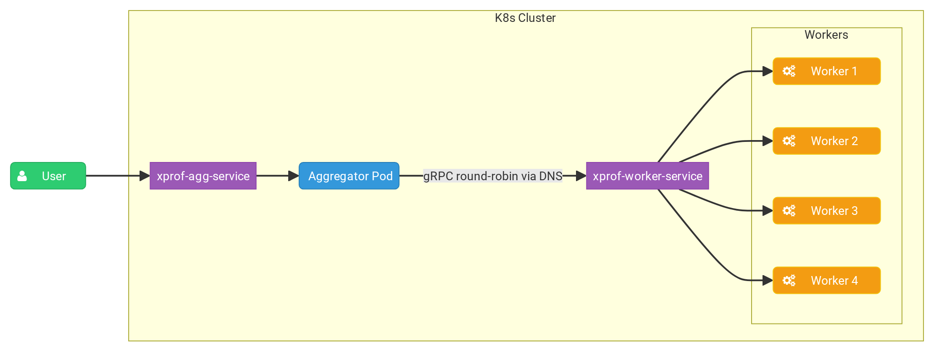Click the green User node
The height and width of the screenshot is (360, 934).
[48, 176]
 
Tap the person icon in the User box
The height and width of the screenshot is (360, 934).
[22, 176]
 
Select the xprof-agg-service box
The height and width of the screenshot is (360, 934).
[203, 176]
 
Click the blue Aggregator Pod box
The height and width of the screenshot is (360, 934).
[349, 176]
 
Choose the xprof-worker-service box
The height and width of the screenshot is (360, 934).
[647, 176]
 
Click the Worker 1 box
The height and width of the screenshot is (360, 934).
[826, 71]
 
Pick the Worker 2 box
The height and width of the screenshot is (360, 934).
[826, 141]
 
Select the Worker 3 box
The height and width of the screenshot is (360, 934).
[826, 211]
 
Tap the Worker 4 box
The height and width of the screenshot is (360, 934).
[826, 281]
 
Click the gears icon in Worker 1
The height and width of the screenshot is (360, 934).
[789, 71]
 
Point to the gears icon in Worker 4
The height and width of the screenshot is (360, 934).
[789, 281]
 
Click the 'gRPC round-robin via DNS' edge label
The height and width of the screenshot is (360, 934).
[493, 176]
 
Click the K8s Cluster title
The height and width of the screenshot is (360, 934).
[525, 18]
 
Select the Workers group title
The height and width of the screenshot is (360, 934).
[826, 35]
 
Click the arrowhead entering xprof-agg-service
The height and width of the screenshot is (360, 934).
[145, 176]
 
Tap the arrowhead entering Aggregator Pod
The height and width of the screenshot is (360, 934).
[294, 176]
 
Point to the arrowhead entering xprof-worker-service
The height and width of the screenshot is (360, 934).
[581, 176]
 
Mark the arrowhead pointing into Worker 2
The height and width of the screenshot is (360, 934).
[768, 141]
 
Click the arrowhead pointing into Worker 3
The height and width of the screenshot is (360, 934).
[768, 211]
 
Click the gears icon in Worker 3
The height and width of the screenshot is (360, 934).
[789, 211]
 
